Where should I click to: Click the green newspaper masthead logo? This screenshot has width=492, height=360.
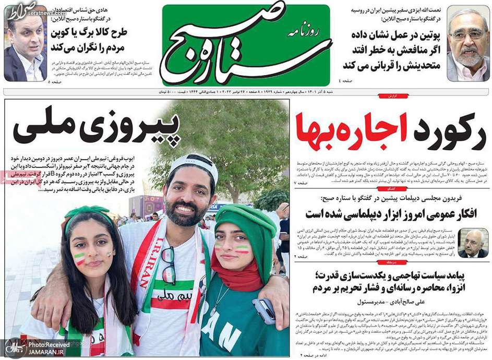pos(246,45)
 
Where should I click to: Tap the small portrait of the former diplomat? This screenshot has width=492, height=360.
pos(473,243)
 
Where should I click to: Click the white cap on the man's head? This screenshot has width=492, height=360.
pos(194,164)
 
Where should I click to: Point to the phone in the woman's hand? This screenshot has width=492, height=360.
pos(264,311)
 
